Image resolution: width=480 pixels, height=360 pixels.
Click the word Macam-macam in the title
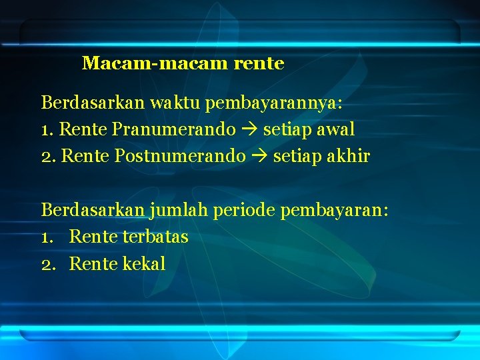coord(156,64)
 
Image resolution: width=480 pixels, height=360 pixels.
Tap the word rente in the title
coord(259,64)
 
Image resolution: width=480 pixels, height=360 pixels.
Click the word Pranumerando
coord(174,129)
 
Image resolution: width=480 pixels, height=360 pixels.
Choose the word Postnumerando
coord(180,157)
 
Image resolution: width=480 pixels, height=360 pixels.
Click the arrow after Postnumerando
coord(259,157)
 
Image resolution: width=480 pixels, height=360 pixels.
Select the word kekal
coord(144,264)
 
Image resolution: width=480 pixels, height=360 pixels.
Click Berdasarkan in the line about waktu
coord(93,103)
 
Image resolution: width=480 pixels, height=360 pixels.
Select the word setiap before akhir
coord(295,157)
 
